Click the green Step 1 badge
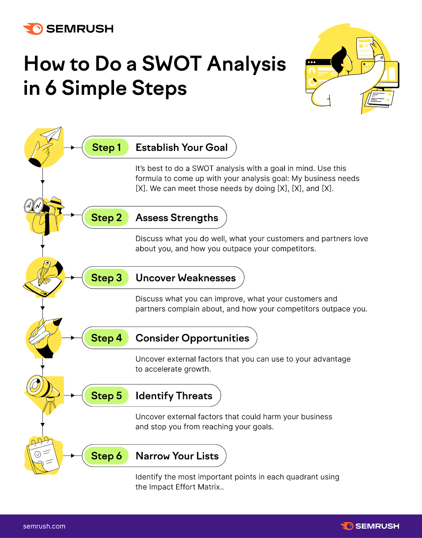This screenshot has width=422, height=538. pos(106,147)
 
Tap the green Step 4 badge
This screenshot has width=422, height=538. pos(106,338)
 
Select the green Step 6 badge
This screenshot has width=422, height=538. pos(106,456)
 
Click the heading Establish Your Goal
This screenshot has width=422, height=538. pos(182,147)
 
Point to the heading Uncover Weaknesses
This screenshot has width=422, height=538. pos(186,278)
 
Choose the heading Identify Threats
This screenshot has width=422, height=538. pos(174,396)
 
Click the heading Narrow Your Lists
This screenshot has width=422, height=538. pos(177,456)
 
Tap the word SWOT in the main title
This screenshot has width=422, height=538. pos(171,64)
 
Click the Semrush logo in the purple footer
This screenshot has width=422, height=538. pos(370,526)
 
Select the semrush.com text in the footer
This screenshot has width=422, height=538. pos(44,526)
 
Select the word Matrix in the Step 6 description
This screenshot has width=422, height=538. pos(209,487)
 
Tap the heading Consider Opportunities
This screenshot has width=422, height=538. pos(192,338)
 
